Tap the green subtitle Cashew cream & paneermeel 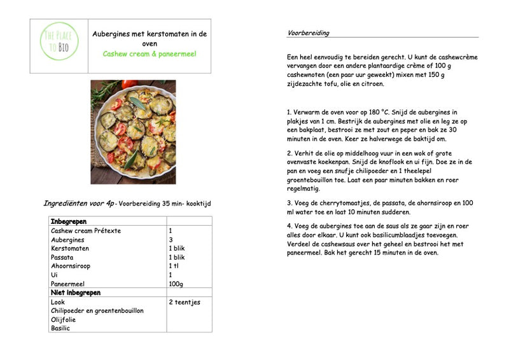tap(150, 53)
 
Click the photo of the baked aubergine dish tap(133, 131)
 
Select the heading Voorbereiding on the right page tap(309, 33)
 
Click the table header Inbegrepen tap(69, 221)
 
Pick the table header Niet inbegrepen tap(76, 293)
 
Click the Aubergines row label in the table tap(67, 240)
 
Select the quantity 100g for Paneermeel tap(176, 284)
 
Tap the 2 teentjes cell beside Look tap(185, 302)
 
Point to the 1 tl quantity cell tap(173, 266)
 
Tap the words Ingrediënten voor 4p tap(78, 204)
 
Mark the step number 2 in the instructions tap(289, 153)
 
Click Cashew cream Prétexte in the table tap(86, 231)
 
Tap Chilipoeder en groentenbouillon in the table tap(97, 310)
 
